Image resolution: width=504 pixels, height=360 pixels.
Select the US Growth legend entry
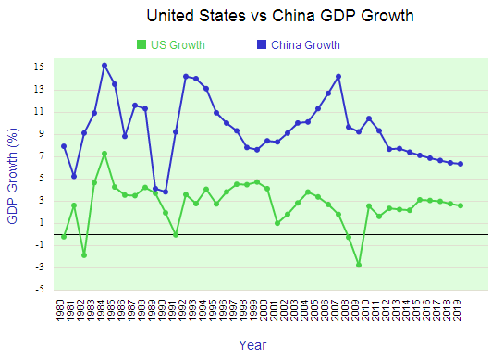point(170,44)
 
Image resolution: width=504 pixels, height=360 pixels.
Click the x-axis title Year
point(252,344)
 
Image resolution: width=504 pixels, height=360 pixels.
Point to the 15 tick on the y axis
point(42,67)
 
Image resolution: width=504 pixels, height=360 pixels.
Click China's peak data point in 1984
point(104,66)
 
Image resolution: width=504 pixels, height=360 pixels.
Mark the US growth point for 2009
point(359,265)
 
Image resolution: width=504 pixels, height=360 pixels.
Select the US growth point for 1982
point(84,255)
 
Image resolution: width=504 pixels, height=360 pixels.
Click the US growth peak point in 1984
point(104,154)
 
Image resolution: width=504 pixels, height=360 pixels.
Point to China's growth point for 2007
point(338,76)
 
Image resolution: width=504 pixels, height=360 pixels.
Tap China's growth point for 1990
point(166,192)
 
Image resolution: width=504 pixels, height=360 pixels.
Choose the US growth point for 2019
point(461,205)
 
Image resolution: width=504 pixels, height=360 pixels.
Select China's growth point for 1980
point(64,146)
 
